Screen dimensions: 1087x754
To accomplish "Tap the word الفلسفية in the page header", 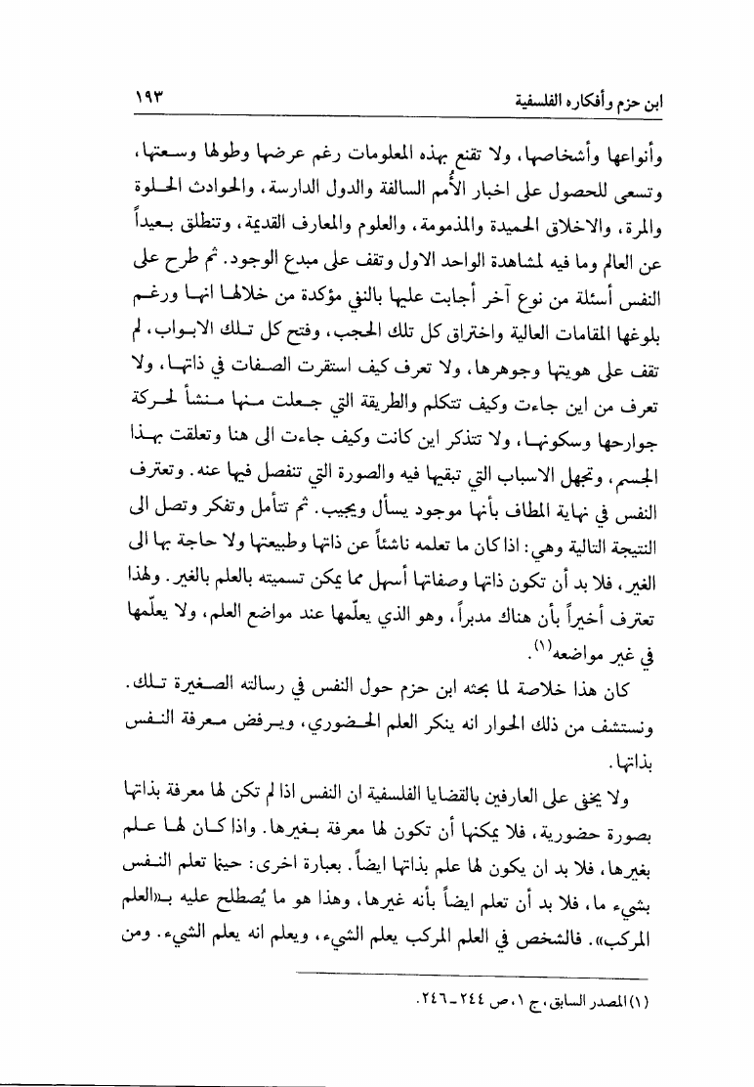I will [x=541, y=102].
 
